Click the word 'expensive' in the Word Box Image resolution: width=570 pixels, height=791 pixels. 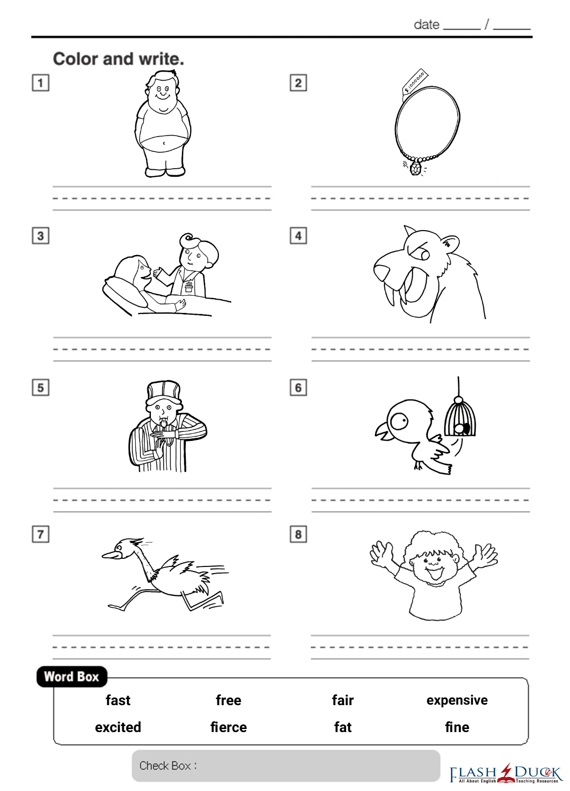(x=457, y=701)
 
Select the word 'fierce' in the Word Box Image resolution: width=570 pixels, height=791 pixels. (x=229, y=727)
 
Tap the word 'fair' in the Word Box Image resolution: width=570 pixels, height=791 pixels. (x=342, y=700)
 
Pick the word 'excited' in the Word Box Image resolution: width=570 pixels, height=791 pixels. (x=118, y=727)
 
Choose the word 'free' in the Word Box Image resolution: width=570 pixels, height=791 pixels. (x=229, y=700)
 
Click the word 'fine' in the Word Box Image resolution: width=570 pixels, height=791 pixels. (x=457, y=727)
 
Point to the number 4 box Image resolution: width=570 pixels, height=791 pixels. (x=298, y=236)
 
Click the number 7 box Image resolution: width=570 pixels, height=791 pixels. (x=41, y=534)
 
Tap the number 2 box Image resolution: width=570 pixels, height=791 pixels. (x=298, y=83)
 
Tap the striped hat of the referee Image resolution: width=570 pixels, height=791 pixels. (x=164, y=392)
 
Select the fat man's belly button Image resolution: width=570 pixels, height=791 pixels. (x=164, y=143)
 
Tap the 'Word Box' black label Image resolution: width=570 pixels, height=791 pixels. (x=72, y=677)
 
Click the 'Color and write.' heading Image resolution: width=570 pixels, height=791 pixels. (x=119, y=58)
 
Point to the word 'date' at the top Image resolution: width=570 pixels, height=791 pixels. (x=427, y=24)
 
